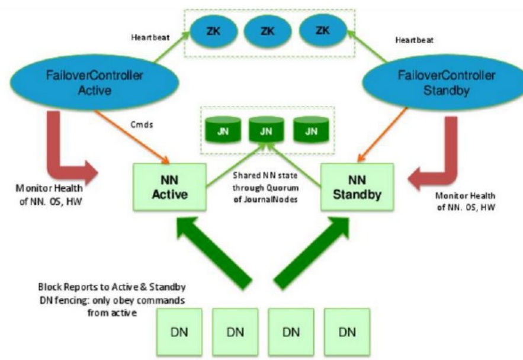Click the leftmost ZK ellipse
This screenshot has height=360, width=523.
coord(213,31)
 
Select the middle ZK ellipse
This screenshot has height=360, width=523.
coord(268,31)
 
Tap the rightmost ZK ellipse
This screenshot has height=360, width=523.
coord(323,31)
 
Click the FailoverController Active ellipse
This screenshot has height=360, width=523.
coord(94,82)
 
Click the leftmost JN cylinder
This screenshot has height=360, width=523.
coord(223,130)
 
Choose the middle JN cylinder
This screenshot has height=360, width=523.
coord(266,130)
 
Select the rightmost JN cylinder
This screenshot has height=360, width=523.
coord(311,130)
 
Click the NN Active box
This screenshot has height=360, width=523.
coord(169,187)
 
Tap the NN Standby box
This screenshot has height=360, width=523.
coord(357,187)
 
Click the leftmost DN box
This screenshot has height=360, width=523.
coord(179,332)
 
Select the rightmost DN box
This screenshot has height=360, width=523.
coord(347,332)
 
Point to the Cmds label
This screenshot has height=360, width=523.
coord(142,125)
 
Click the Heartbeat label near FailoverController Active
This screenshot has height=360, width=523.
coord(150,37)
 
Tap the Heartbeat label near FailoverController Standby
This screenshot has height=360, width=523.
coord(414,40)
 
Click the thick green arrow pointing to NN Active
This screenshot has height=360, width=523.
coord(213,253)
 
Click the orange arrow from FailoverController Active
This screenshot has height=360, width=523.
coord(132,137)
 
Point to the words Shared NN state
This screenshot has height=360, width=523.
coord(265,175)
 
